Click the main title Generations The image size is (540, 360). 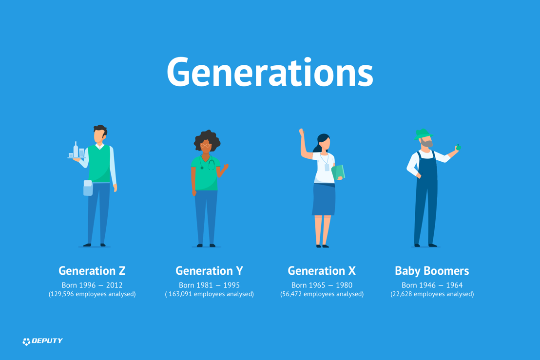pyautogui.click(x=270, y=72)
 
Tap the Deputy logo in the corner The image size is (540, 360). pyautogui.click(x=42, y=341)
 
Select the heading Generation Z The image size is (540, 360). pyautogui.click(x=92, y=271)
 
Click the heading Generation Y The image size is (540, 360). pyautogui.click(x=210, y=271)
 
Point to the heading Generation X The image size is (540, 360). pyautogui.click(x=322, y=271)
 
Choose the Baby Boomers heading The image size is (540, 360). pyautogui.click(x=432, y=271)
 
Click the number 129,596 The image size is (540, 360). pyautogui.click(x=62, y=294)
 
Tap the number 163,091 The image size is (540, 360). pyautogui.click(x=180, y=294)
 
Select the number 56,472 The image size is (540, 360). pyautogui.click(x=292, y=294)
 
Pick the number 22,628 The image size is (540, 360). pyautogui.click(x=402, y=294)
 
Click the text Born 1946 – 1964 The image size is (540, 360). pyautogui.click(x=432, y=285)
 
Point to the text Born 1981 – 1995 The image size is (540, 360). pyautogui.click(x=210, y=285)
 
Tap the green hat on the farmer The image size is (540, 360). pyautogui.click(x=422, y=134)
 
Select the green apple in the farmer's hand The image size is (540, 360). pyautogui.click(x=458, y=147)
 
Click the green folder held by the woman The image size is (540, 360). pyautogui.click(x=339, y=172)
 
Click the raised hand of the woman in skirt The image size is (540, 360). pyautogui.click(x=302, y=132)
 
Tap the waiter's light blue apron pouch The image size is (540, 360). pyautogui.click(x=88, y=188)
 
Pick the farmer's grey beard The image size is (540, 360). pyautogui.click(x=427, y=143)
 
